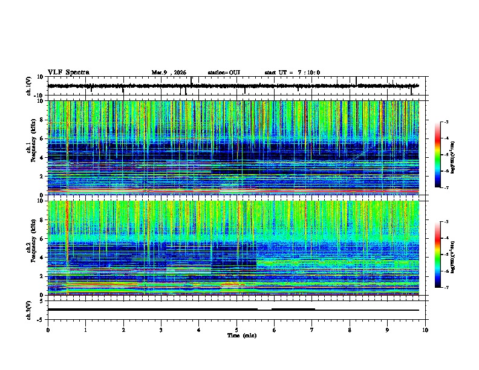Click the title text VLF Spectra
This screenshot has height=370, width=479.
pos(68,73)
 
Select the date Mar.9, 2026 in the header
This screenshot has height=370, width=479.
pos(170,73)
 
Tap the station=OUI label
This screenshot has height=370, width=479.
pos(224,73)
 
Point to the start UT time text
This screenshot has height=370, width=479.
pos(292,73)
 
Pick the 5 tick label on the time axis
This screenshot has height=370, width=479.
pos(237,329)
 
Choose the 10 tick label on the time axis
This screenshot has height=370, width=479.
pos(426,329)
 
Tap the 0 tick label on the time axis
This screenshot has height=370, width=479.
pos(48,329)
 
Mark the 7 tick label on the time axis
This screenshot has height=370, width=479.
pos(313,329)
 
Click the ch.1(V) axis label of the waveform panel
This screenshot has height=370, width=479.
pos(29,86)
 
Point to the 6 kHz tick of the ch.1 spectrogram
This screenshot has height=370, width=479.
pos(41,139)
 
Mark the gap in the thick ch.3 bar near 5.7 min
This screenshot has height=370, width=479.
pos(264,309)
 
